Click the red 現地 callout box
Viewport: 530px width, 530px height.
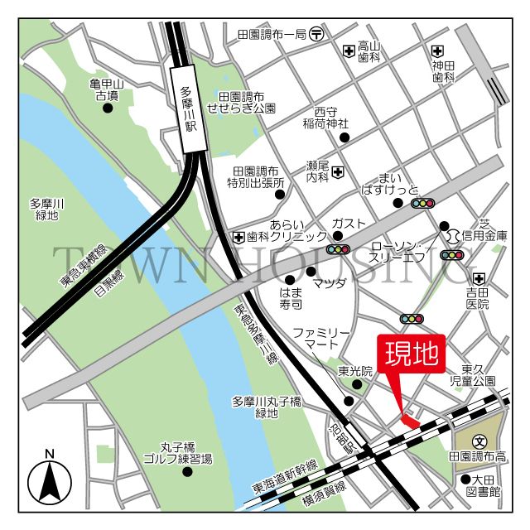412,354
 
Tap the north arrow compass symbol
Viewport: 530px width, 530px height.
50,478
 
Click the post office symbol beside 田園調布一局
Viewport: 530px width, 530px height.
317,34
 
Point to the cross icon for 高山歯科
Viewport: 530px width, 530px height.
349,51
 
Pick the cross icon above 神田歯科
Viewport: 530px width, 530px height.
437,51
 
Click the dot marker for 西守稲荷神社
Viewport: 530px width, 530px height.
344,137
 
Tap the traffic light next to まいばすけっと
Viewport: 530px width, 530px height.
423,203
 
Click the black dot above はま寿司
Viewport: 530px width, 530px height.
290,279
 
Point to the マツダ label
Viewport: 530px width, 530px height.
329,284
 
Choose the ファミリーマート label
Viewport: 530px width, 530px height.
316,338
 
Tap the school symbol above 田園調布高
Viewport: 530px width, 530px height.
479,441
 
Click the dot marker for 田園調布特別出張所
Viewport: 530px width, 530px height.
280,195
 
